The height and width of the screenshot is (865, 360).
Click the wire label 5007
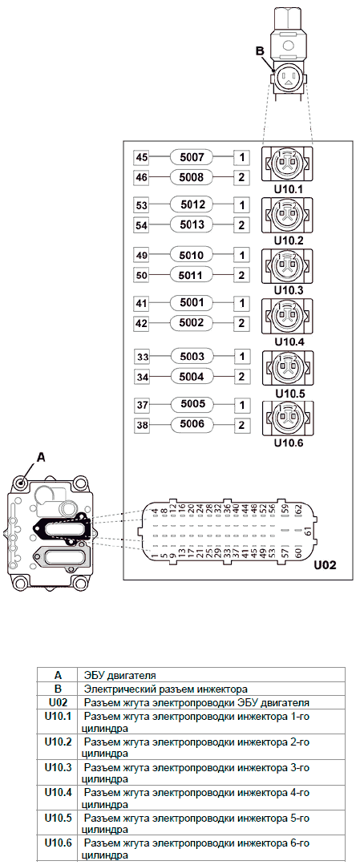click(192, 158)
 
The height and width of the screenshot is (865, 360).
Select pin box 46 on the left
click(142, 178)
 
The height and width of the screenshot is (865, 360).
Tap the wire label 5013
click(192, 224)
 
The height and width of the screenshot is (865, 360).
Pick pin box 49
click(142, 256)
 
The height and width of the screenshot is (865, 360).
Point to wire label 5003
click(192, 357)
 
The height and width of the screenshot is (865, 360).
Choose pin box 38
click(142, 426)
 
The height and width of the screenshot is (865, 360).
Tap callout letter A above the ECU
click(40, 457)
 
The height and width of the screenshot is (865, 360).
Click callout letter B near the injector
click(259, 51)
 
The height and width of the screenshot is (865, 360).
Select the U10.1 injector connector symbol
click(287, 164)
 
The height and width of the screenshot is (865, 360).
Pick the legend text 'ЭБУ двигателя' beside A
click(119, 675)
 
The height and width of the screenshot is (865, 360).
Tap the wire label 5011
click(192, 274)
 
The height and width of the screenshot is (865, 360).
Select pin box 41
click(142, 303)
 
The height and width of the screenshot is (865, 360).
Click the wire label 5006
click(192, 425)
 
